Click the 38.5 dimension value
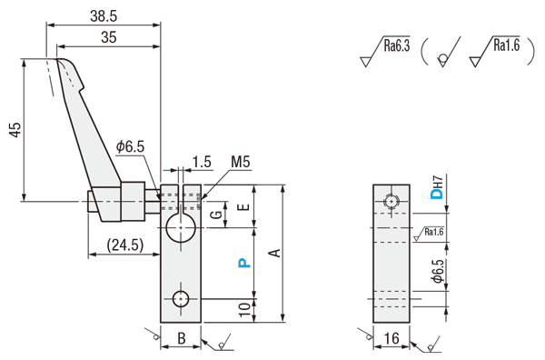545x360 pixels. coord(104,16)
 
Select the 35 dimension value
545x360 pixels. coord(108,37)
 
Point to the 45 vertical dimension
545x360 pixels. coord(15,130)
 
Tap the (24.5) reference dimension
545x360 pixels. coord(125,245)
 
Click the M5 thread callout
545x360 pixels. coord(241,162)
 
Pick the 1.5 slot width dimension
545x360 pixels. coord(202,162)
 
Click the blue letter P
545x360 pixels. coord(244,263)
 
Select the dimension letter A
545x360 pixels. coord(275,253)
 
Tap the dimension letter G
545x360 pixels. coord(216,214)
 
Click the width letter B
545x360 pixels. coord(182,338)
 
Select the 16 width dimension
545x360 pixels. coord(391,338)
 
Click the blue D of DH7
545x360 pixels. coord(437,194)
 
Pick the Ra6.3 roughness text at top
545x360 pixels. coord(397,45)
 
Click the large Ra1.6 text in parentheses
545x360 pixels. coord(507,45)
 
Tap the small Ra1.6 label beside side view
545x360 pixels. coord(434,232)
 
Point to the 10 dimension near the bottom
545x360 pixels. coord(245,309)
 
